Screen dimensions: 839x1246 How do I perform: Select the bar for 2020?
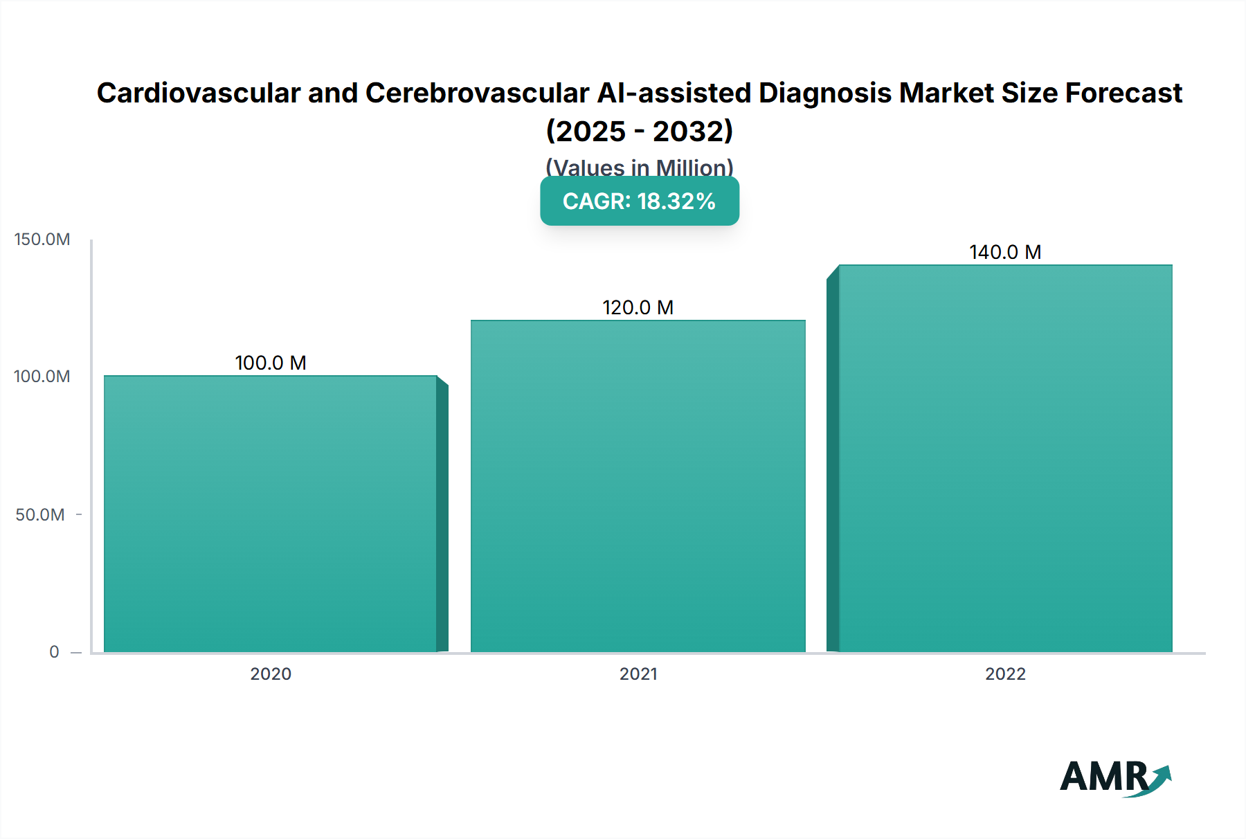click(x=271, y=514)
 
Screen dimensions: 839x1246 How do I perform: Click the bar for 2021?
click(x=638, y=486)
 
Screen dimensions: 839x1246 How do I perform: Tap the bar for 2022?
click(x=1005, y=458)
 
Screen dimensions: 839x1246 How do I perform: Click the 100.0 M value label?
click(x=271, y=363)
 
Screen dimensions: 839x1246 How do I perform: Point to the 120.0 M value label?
click(x=638, y=307)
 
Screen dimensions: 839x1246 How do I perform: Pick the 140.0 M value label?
click(x=1005, y=252)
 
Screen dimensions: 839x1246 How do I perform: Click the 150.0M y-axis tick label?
click(x=42, y=240)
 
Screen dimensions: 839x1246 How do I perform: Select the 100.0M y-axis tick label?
click(x=42, y=377)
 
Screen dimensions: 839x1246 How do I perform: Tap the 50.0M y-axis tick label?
click(x=40, y=515)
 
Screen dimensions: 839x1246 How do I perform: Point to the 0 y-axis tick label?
click(x=54, y=652)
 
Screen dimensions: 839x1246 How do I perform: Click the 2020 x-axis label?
click(x=271, y=674)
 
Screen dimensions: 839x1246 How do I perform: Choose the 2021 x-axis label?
click(x=638, y=674)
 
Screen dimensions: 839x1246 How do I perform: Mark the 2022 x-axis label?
click(x=1005, y=674)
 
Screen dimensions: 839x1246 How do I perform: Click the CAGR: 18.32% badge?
click(x=640, y=201)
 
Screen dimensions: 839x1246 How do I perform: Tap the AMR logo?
click(x=1115, y=777)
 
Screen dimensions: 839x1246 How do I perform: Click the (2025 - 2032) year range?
click(x=640, y=131)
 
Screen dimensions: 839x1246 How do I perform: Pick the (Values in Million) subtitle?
click(x=640, y=167)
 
